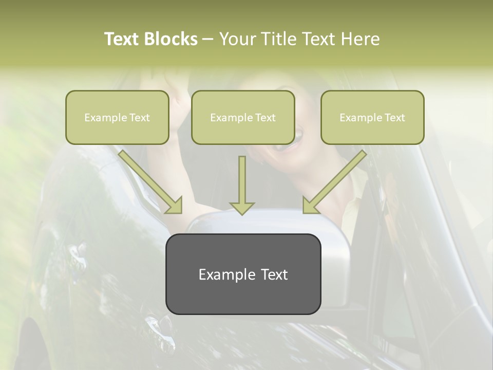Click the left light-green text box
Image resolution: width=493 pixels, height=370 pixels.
click(x=117, y=118)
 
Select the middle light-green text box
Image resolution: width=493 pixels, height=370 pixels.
click(x=243, y=118)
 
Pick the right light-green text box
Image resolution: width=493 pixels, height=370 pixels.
click(x=372, y=118)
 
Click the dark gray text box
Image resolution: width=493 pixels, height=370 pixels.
click(x=243, y=274)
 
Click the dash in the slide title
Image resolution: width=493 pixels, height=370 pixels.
click(x=208, y=40)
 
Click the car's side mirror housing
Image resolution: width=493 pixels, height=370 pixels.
click(x=329, y=231)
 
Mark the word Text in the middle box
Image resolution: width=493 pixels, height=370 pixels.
click(x=265, y=118)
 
